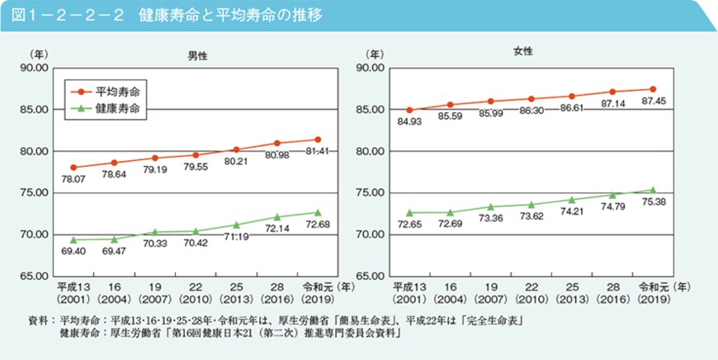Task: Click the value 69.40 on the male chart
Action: tap(73, 249)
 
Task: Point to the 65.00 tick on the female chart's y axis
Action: tap(370, 277)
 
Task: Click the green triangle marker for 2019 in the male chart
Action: tap(318, 212)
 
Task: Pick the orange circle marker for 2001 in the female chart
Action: tap(409, 110)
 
